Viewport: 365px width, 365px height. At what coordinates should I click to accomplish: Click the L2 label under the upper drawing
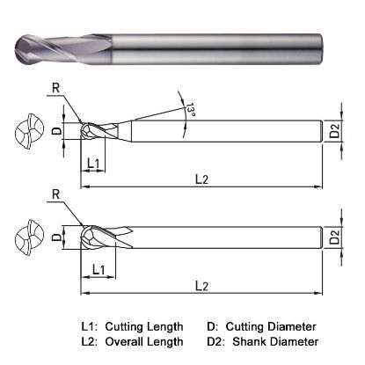pyautogui.click(x=201, y=179)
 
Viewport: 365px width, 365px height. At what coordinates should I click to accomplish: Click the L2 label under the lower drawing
pyautogui.click(x=201, y=286)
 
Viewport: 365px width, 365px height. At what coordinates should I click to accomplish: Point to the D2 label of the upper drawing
pyautogui.click(x=333, y=133)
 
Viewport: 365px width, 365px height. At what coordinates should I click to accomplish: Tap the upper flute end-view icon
pyautogui.click(x=28, y=134)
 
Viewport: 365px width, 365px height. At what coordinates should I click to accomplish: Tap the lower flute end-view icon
pyautogui.click(x=28, y=237)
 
